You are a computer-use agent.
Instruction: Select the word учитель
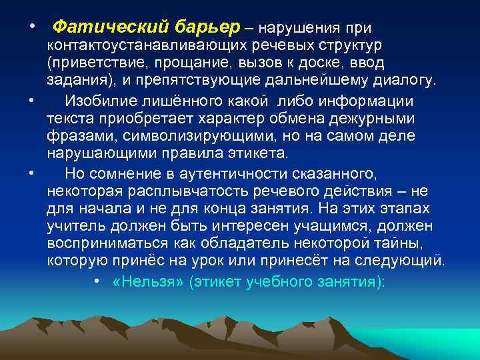(x=73, y=226)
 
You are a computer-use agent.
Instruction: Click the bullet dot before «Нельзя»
(x=97, y=281)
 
